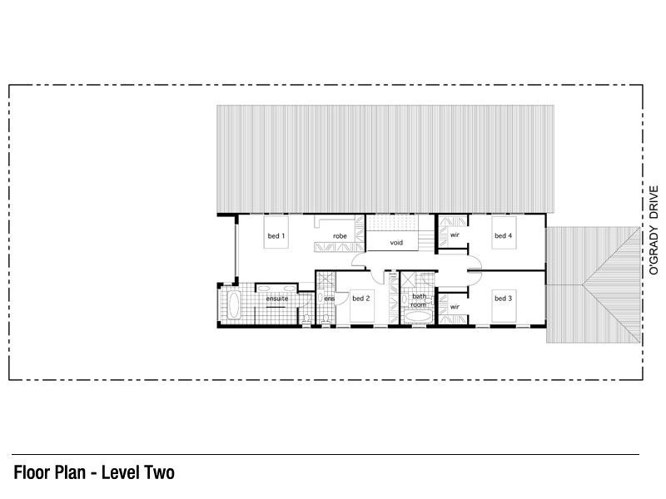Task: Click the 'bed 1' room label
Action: pos(276,236)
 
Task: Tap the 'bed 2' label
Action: pos(361,299)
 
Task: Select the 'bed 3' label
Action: pos(504,299)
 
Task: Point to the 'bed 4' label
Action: pos(504,235)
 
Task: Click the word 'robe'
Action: pos(340,236)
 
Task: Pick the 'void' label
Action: pos(396,243)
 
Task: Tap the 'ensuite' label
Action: pos(277,299)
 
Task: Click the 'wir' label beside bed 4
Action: pos(455,235)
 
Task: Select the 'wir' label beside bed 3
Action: pos(455,307)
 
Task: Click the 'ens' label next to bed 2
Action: pos(330,299)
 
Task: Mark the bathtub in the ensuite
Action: pos(233,304)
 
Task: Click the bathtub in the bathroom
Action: pos(418,317)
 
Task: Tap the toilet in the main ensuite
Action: pos(306,319)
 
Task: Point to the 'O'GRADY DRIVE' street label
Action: pos(654,230)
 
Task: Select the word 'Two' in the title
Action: pos(160,472)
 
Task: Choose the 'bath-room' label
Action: pos(419,300)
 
